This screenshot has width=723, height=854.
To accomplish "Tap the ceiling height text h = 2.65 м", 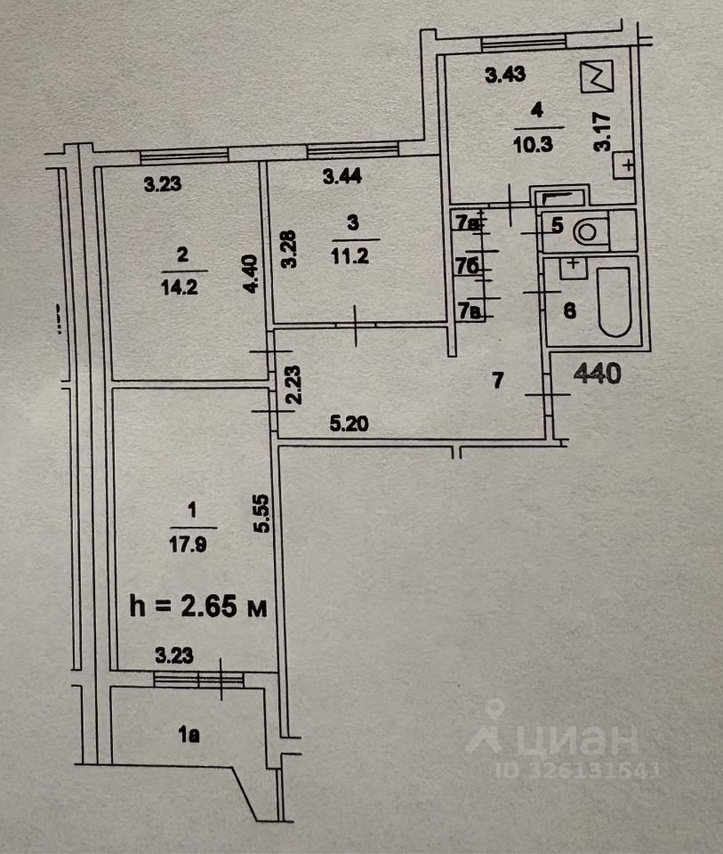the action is [x=198, y=608].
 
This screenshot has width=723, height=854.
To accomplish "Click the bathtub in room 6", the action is [x=614, y=302].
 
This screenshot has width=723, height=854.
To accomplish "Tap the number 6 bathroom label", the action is [x=570, y=310].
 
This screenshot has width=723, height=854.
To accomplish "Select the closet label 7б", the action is [x=468, y=265].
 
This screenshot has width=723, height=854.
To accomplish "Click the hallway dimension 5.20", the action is [x=349, y=426].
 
